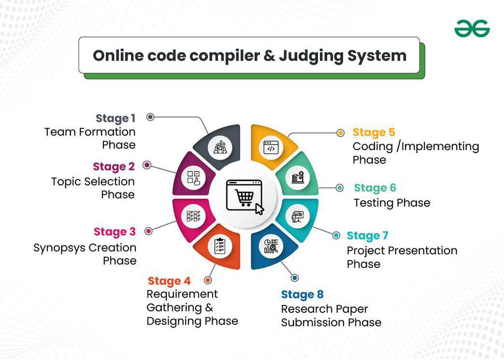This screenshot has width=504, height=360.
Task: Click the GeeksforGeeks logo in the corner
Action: [x=472, y=29]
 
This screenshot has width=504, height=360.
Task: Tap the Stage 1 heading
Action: [x=115, y=118]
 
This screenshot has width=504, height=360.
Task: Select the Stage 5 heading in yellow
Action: [x=374, y=132]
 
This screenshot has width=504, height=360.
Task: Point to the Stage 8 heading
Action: [x=302, y=295]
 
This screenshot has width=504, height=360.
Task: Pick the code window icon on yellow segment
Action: [x=271, y=148]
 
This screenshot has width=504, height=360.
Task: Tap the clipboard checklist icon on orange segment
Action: [x=220, y=246]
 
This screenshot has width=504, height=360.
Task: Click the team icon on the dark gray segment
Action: [x=220, y=148]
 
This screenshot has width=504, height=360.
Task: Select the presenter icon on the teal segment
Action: [x=297, y=217]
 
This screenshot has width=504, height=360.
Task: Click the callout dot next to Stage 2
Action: [x=147, y=165]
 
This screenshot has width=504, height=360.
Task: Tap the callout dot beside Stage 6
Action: [x=340, y=188]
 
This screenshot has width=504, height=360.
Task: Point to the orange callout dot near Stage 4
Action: [x=208, y=280]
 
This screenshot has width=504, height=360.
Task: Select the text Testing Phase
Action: [x=392, y=203]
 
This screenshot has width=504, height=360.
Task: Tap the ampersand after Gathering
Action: [x=209, y=308]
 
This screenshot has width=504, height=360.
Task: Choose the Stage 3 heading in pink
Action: [x=114, y=232]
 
